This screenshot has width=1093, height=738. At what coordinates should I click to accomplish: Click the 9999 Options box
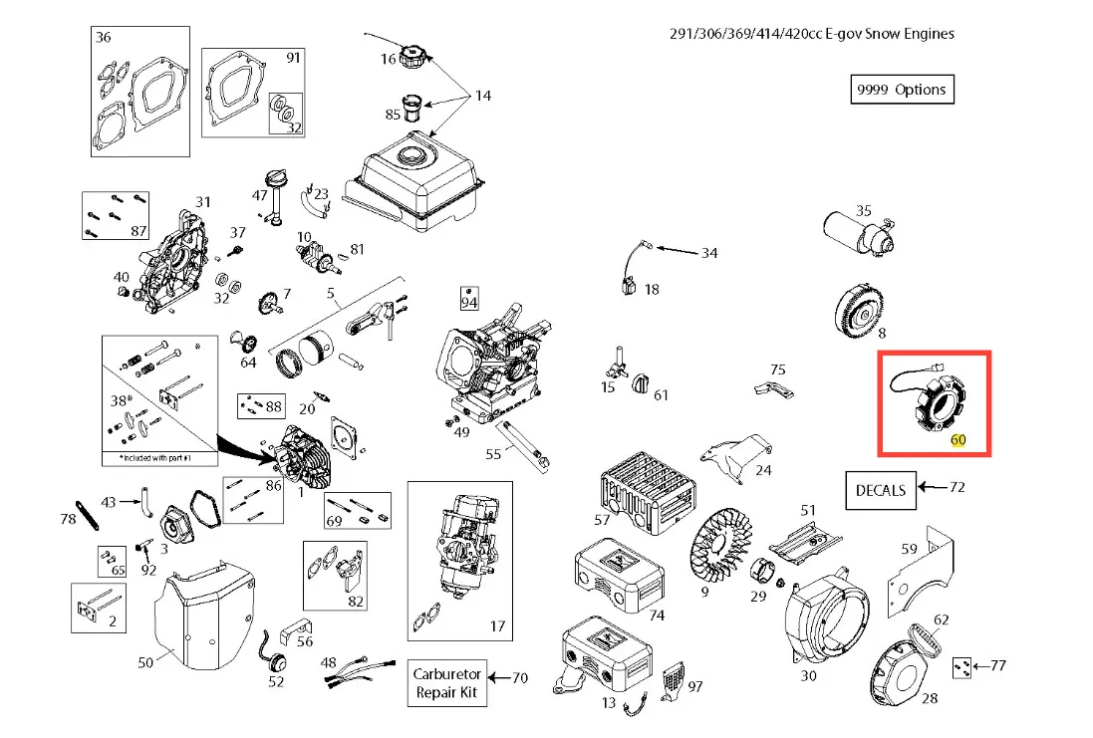pyautogui.click(x=901, y=90)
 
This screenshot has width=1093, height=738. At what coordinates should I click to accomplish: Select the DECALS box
pyautogui.click(x=881, y=489)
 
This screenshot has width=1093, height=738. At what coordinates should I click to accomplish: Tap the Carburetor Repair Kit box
pyautogui.click(x=448, y=682)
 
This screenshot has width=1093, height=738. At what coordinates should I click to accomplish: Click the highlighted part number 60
pyautogui.click(x=957, y=439)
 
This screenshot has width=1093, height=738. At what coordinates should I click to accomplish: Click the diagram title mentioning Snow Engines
pyautogui.click(x=811, y=34)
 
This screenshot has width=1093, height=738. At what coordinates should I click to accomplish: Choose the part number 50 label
pyautogui.click(x=144, y=661)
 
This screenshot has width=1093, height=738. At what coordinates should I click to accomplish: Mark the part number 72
pyautogui.click(x=957, y=488)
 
